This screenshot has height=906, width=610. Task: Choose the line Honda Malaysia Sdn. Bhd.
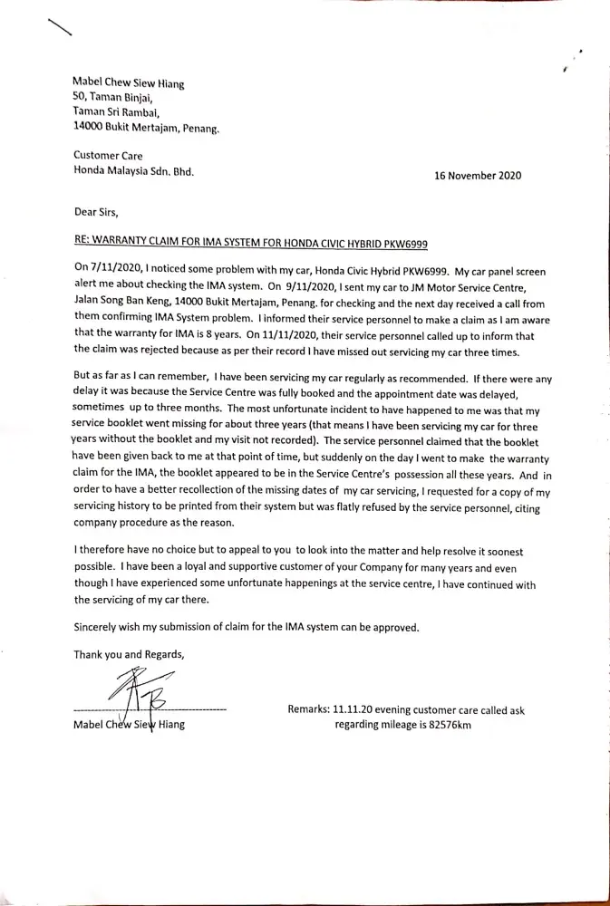tap(133, 170)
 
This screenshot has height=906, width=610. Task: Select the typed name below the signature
tap(129, 725)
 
